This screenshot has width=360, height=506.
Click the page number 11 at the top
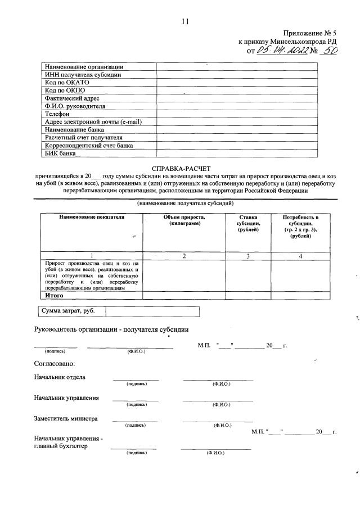click(x=184, y=22)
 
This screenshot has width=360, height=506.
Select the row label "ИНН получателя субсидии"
click(x=83, y=75)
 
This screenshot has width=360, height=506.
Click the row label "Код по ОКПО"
click(x=65, y=90)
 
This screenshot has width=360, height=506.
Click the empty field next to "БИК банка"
click(x=237, y=153)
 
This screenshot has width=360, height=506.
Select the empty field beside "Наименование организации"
click(x=237, y=67)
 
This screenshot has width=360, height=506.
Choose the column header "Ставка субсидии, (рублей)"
click(x=247, y=224)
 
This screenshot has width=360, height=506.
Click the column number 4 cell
click(x=300, y=256)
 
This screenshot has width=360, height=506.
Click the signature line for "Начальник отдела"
click(x=136, y=380)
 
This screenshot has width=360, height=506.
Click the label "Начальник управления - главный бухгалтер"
click(x=69, y=442)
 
